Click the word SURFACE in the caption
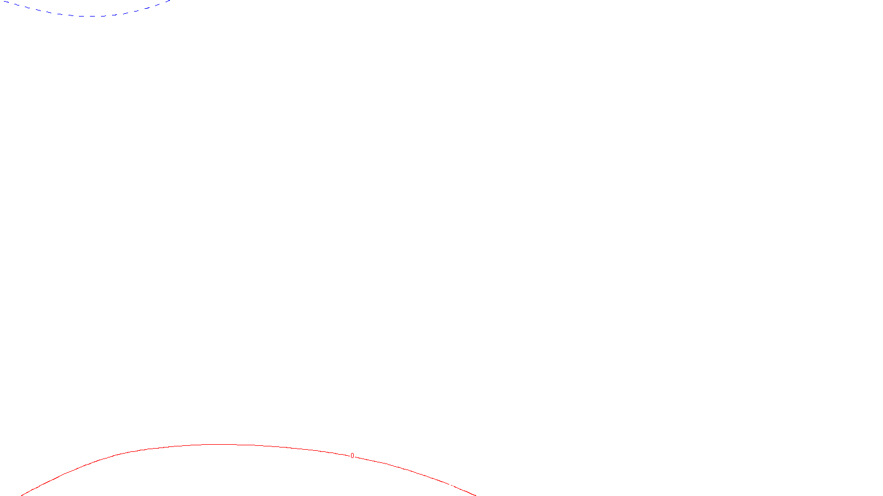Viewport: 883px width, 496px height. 441,487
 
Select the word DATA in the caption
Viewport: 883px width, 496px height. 467,487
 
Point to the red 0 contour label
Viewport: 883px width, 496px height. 352,456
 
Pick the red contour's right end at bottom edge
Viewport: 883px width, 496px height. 475,495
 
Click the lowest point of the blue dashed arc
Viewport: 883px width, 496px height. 91,16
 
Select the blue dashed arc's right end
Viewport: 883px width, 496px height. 171,1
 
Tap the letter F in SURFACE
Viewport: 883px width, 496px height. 441,487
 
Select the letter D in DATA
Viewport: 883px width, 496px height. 461,487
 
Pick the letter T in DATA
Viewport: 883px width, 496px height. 469,487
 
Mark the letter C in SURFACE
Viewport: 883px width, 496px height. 449,487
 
